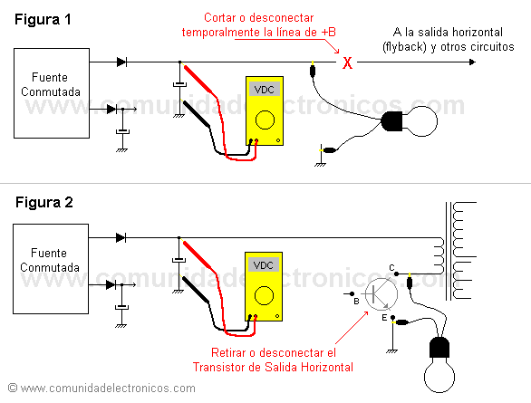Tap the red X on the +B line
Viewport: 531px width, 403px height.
pyautogui.click(x=345, y=63)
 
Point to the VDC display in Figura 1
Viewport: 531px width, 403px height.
pyautogui.click(x=265, y=91)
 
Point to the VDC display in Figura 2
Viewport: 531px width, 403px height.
pyautogui.click(x=265, y=266)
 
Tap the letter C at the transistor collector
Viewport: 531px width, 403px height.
pyautogui.click(x=391, y=266)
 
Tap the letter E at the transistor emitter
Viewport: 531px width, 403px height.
pyautogui.click(x=384, y=319)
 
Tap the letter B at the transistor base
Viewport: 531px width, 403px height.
pyautogui.click(x=356, y=300)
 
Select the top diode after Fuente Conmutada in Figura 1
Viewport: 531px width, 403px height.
pyautogui.click(x=121, y=62)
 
